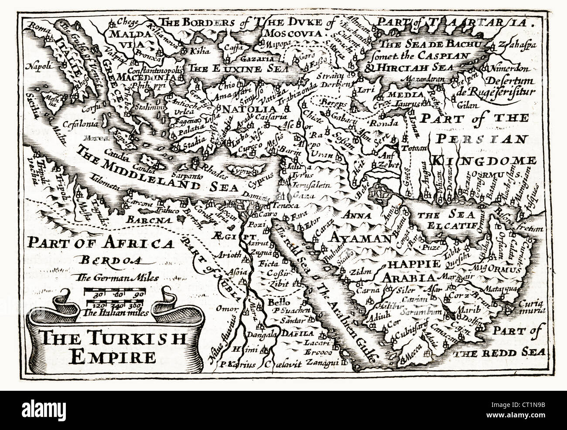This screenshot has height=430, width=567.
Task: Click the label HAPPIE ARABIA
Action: [408, 271]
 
